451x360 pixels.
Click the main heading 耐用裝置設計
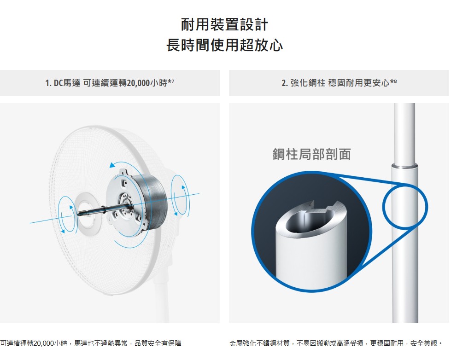pos(225,24)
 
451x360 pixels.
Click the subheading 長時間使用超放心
pos(225,45)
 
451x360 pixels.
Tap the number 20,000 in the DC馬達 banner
pos(138,83)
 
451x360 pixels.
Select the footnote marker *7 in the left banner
pos(171,82)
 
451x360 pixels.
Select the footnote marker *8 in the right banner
pos(393,82)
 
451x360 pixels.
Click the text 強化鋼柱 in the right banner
pos(308,83)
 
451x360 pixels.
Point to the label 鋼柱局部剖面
pos(311,154)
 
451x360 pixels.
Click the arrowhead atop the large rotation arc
pos(112,165)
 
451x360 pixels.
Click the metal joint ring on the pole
pos(404,166)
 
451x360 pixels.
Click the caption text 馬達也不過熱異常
pos(101,343)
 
